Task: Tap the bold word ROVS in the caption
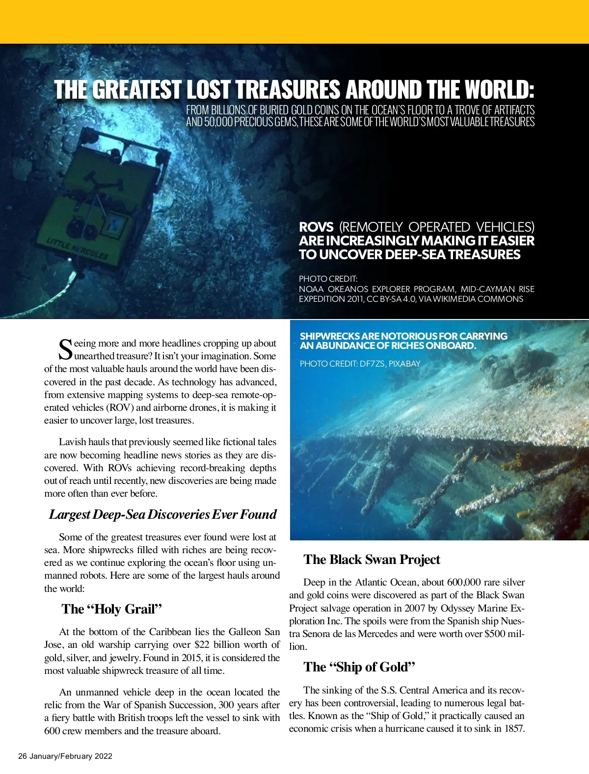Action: pos(316,227)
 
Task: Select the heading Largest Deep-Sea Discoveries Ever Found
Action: pos(162,514)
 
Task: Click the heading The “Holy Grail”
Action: pos(111,609)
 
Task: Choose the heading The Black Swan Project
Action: pos(372,560)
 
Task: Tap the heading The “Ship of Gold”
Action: pos(359,667)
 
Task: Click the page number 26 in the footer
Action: pos(23,756)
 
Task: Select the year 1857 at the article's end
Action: pos(514,729)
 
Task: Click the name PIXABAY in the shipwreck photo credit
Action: pos(404,364)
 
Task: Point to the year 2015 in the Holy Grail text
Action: pos(197,658)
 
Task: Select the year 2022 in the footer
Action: pos(103,756)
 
